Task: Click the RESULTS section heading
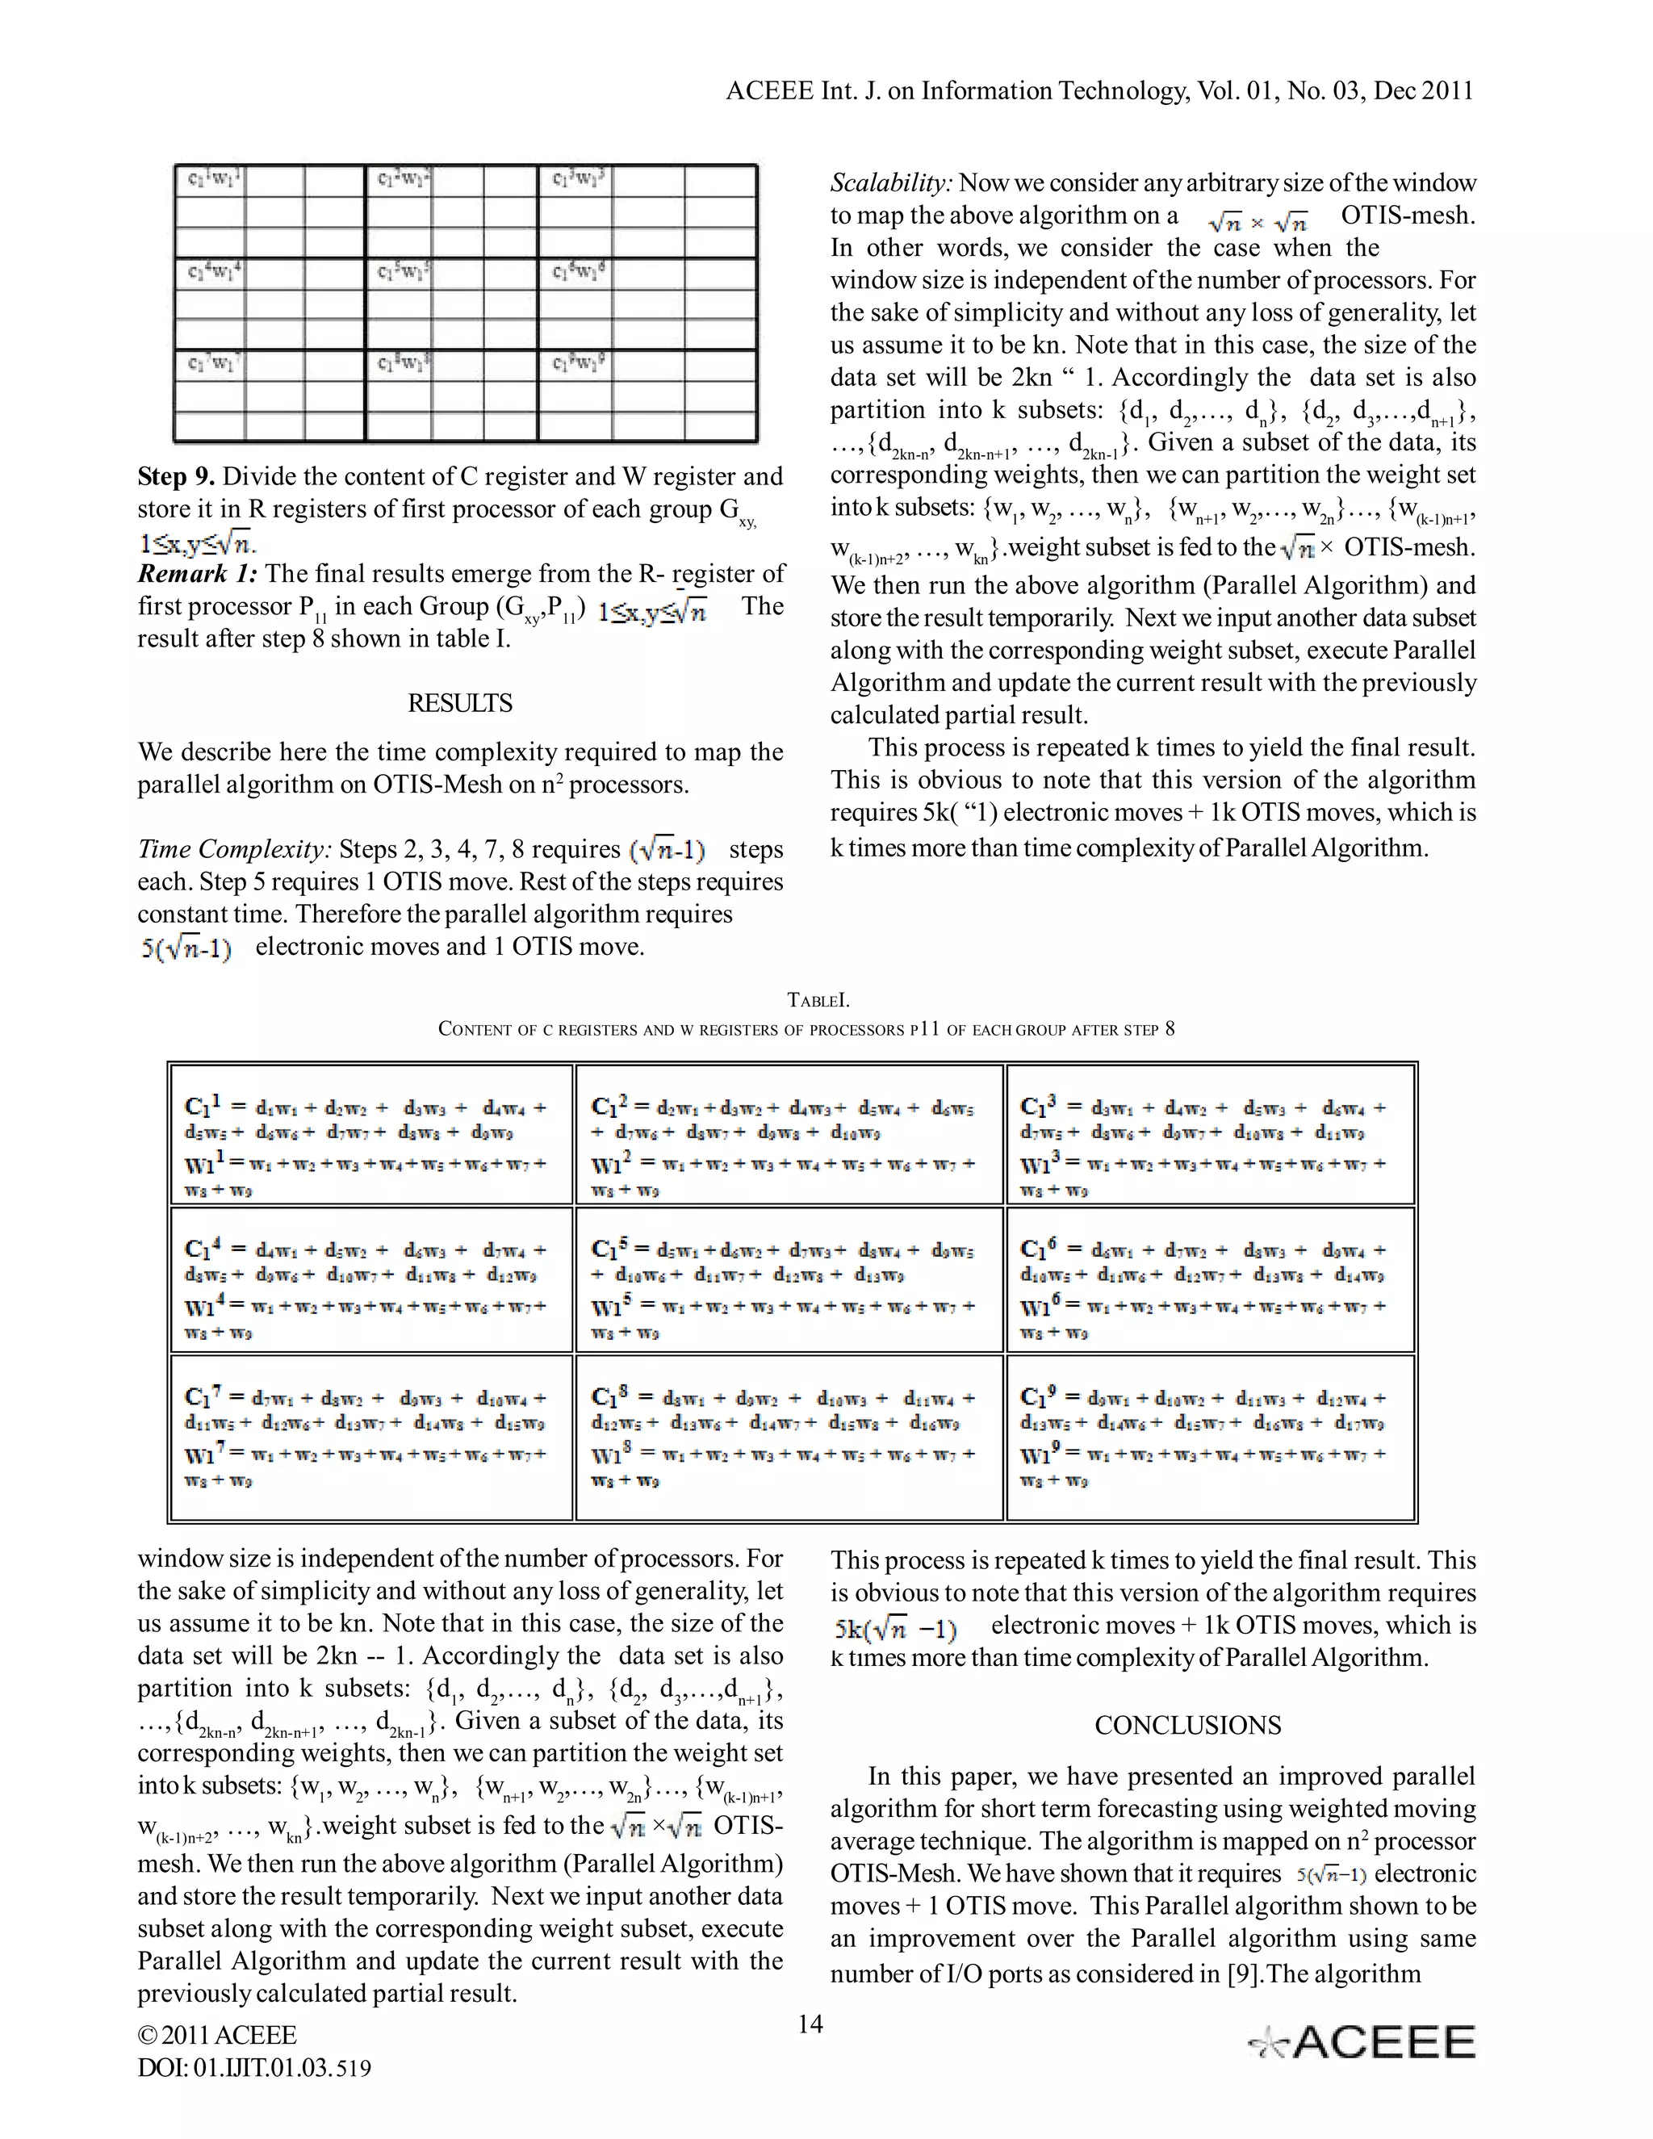pyautogui.click(x=459, y=703)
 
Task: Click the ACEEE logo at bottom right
pyautogui.click(x=1362, y=2042)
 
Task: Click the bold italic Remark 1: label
pyautogui.click(x=197, y=574)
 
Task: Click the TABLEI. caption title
pyautogui.click(x=818, y=1000)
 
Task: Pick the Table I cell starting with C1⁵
pyautogui.click(x=789, y=1280)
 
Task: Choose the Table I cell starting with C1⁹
pyautogui.click(x=1211, y=1437)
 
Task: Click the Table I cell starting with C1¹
pyautogui.click(x=371, y=1134)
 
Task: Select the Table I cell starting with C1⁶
pyautogui.click(x=1211, y=1280)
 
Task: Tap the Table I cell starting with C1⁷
pyautogui.click(x=371, y=1437)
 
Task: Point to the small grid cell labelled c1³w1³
pyautogui.click(x=578, y=180)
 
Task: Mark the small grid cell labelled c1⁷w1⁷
pyautogui.click(x=210, y=364)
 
